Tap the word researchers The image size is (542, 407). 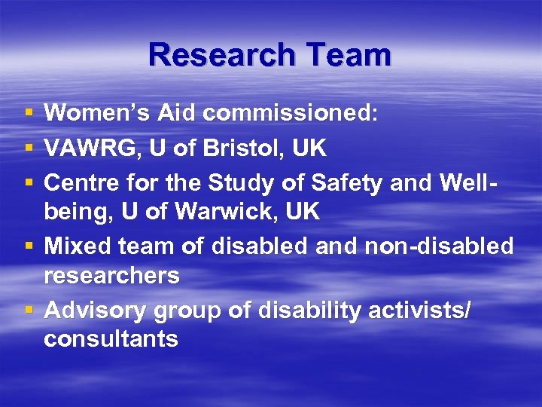click(111, 276)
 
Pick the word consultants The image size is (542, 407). click(111, 339)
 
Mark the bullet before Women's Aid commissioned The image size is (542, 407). click(28, 114)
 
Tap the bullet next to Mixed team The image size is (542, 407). click(28, 246)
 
